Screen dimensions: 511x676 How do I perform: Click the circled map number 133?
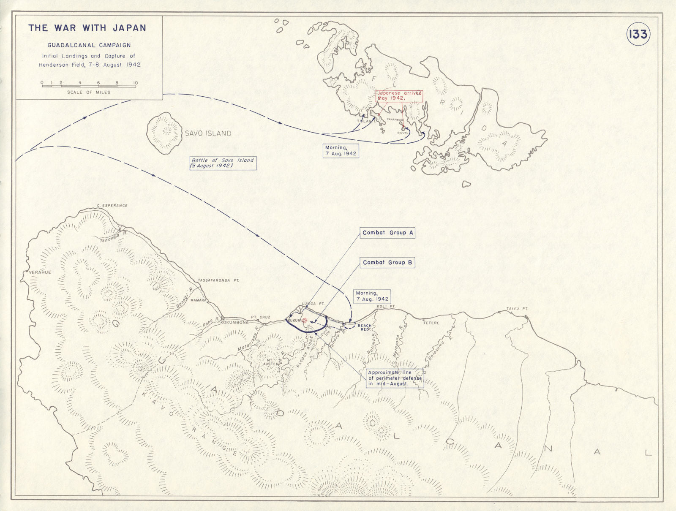(638, 34)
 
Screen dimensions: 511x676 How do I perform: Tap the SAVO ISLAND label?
(208, 133)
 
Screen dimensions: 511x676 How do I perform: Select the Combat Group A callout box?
(387, 233)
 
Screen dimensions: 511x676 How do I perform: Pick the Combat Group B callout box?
(387, 263)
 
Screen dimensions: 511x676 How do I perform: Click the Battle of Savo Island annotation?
(223, 163)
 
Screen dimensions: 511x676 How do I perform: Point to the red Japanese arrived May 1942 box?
(399, 95)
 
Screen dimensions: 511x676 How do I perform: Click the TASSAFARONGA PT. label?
(218, 280)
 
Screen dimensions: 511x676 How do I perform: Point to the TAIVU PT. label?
(517, 309)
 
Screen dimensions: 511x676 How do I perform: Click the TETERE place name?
(431, 323)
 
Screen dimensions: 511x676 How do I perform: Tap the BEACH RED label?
(364, 327)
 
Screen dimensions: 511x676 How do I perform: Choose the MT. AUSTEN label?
(270, 362)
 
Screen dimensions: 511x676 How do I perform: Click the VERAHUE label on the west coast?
(40, 272)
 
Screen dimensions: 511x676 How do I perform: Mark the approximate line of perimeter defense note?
(395, 378)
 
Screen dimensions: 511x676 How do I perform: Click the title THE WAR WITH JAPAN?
(87, 28)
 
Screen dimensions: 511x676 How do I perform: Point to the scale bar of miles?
(89, 86)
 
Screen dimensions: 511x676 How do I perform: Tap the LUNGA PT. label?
(309, 304)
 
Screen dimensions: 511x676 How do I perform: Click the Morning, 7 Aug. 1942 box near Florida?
(341, 151)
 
